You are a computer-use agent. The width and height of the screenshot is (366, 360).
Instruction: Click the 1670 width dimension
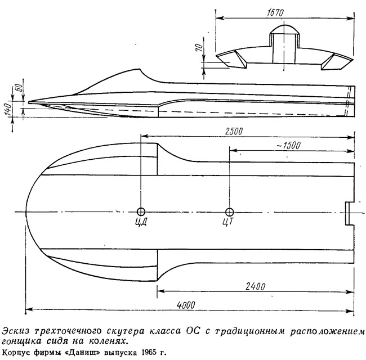pos(275,13)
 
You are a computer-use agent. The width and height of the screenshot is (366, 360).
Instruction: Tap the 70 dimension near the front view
pos(199,48)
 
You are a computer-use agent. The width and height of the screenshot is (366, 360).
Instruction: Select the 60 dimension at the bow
pos(19,88)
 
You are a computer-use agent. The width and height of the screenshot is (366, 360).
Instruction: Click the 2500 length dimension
pos(234,131)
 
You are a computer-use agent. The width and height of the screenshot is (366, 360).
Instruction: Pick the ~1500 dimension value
pos(288,146)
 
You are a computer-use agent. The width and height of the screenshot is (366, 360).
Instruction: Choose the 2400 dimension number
pos(256,286)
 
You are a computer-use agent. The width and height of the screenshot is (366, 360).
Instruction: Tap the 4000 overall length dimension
pos(186,305)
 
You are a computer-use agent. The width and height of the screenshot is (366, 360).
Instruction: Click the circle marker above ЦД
pos(141,211)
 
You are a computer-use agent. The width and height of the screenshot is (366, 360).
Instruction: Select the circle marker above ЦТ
pos(230,212)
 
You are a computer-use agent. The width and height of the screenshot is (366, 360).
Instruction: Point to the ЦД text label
pos(141,222)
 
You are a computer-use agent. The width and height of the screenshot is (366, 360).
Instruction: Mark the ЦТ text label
pos(227,222)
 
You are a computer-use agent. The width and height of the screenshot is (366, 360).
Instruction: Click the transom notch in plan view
pos(350,214)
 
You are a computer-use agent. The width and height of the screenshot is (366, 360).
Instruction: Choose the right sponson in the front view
pos(337,61)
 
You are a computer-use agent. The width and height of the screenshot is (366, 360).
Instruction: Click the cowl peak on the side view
pos(139,69)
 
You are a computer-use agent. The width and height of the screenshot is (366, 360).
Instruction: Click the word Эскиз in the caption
pos(15,331)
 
